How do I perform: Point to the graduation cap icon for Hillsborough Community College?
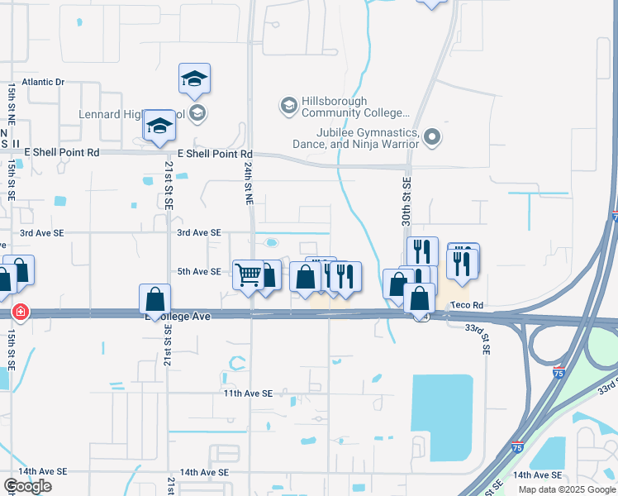pyautogui.click(x=288, y=105)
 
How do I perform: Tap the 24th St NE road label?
pyautogui.click(x=248, y=183)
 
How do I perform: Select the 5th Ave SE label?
pyautogui.click(x=199, y=271)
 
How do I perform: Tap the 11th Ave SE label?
pyautogui.click(x=248, y=393)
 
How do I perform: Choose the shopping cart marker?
pyautogui.click(x=248, y=274)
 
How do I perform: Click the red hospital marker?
pyautogui.click(x=19, y=312)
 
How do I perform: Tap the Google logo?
pyautogui.click(x=28, y=485)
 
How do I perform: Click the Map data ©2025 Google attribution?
pyautogui.click(x=566, y=489)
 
